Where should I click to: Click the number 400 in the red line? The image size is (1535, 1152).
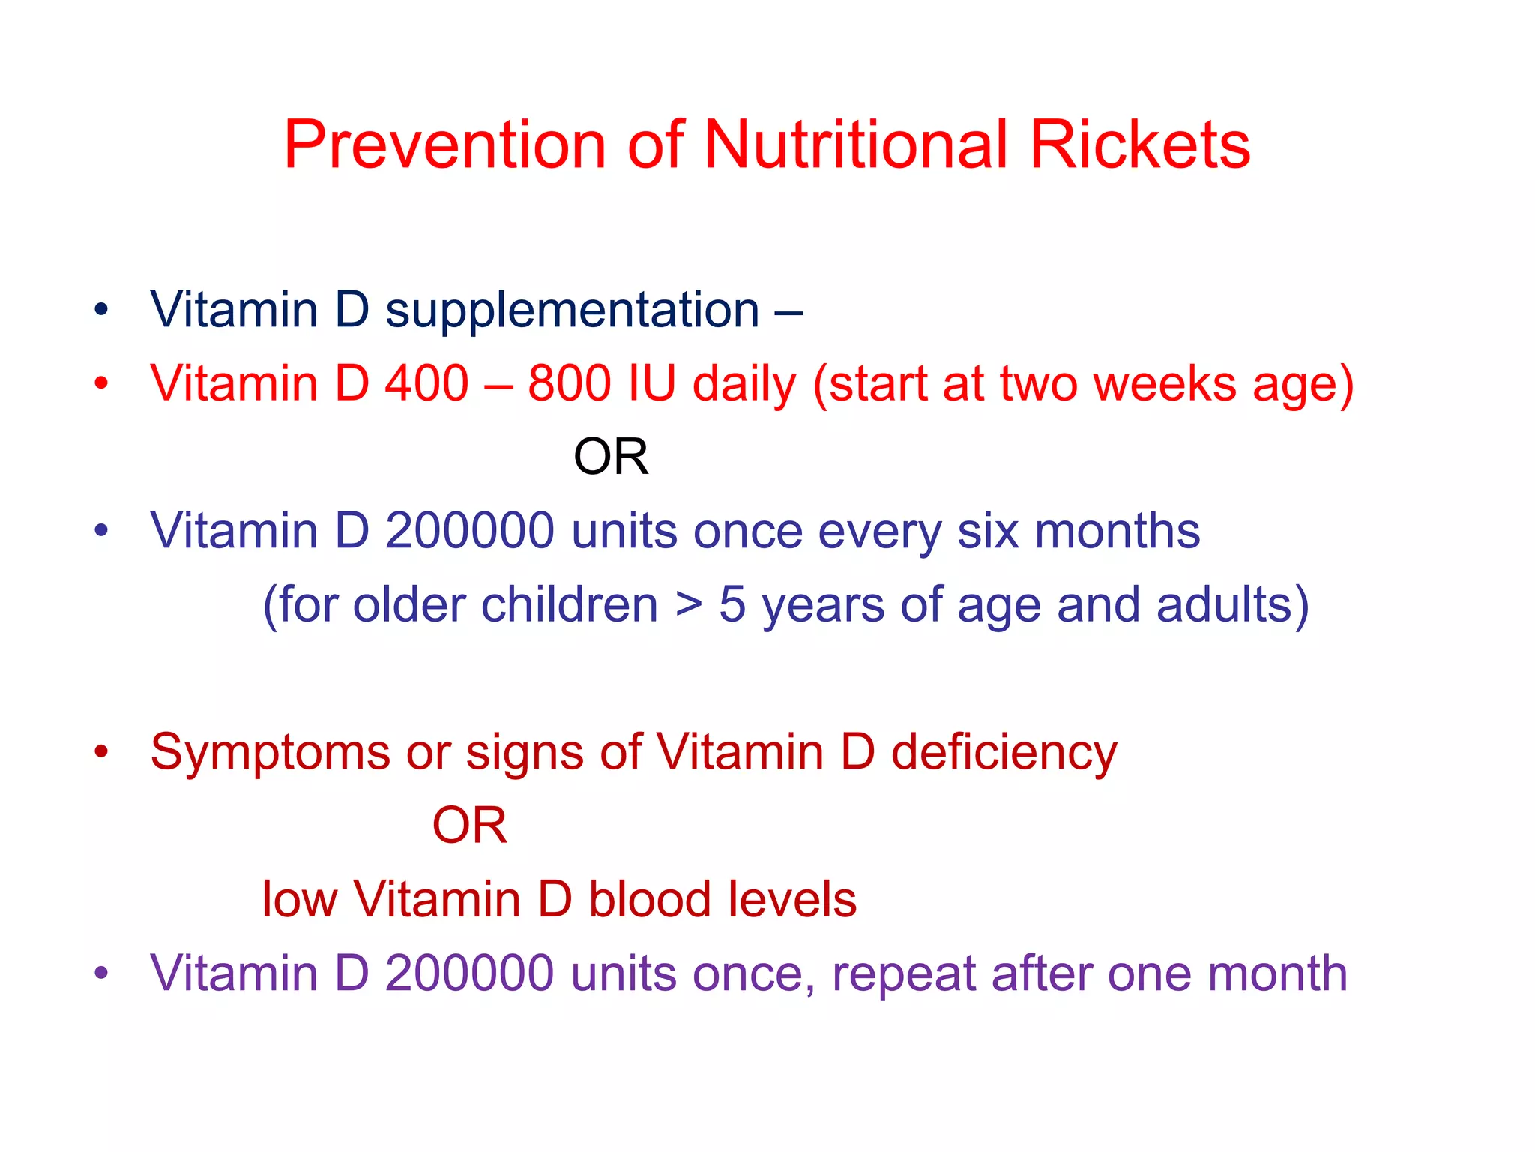point(426,383)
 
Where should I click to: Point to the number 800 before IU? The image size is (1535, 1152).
point(569,383)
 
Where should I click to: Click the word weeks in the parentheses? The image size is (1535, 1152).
point(1165,383)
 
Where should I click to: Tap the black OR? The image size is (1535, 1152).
point(611,457)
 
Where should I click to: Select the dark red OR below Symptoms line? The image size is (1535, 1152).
point(470,826)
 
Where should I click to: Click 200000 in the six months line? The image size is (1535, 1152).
point(470,531)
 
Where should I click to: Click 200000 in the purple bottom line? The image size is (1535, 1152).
point(470,973)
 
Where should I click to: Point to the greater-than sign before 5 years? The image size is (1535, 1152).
point(688,604)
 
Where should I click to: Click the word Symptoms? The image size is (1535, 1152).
point(270,752)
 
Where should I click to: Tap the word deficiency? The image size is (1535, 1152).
point(1004,752)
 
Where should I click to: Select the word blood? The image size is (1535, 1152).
point(649,899)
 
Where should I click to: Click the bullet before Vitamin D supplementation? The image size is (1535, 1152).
point(101,310)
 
